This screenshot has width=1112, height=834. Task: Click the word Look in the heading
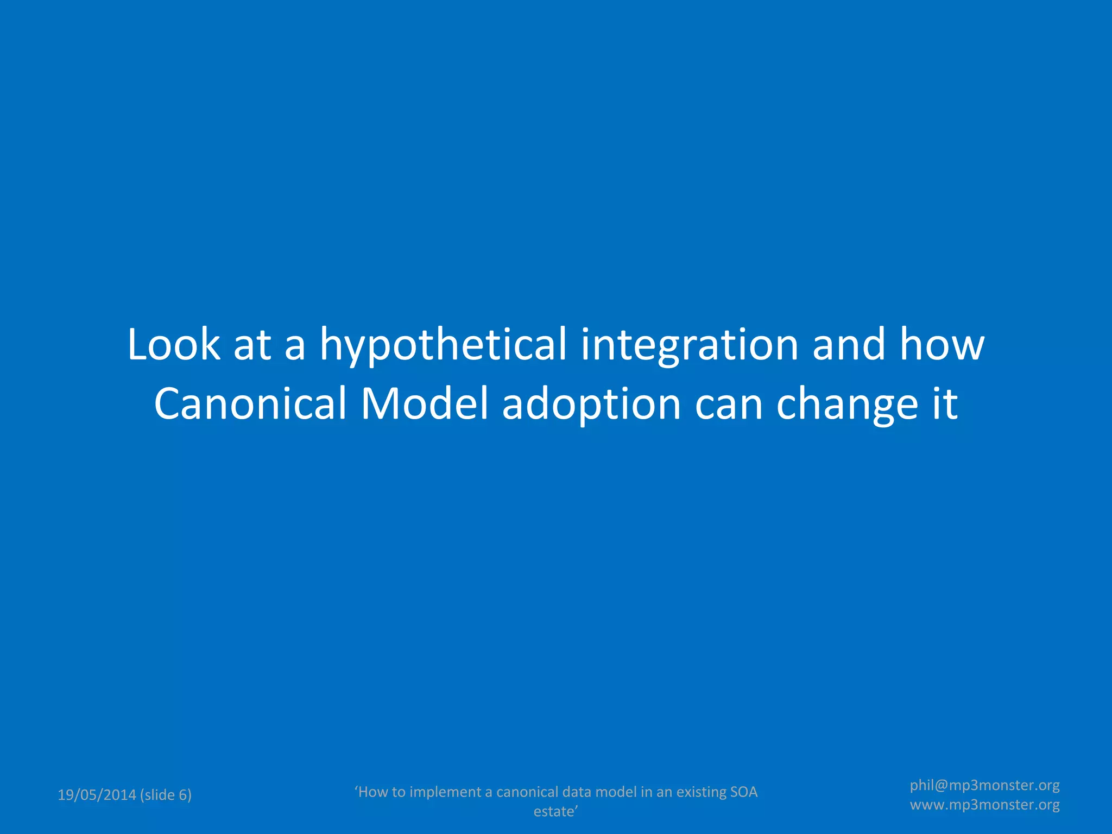coord(174,344)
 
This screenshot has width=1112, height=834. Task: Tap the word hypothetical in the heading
coord(443,345)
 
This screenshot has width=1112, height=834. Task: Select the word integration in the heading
coord(689,345)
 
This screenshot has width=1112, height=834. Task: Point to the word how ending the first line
coord(942,344)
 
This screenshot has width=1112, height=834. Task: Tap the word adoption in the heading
coord(591,405)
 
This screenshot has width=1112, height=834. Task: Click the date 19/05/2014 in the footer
coord(97,795)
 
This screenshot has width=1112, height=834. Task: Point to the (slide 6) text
coord(166,795)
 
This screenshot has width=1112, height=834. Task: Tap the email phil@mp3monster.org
coord(984,785)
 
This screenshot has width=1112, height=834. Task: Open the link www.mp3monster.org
coord(984,805)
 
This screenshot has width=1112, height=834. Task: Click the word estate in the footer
coord(554,811)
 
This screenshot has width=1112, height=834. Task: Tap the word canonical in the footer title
coord(527,792)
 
